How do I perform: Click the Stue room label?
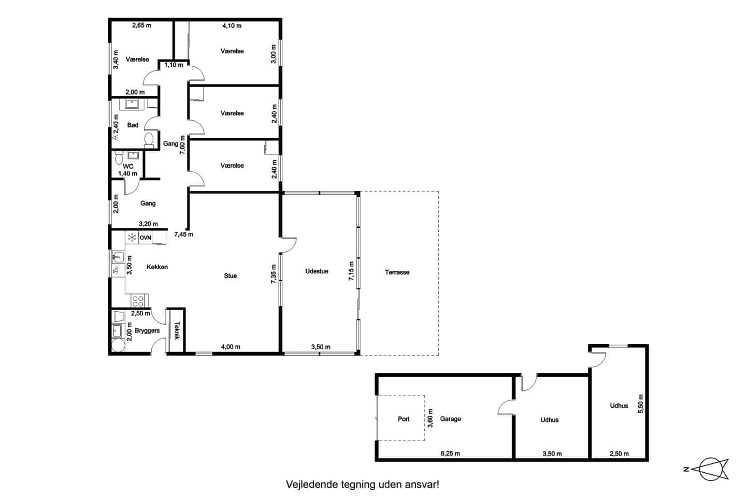pos(231,275)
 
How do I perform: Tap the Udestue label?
pos(317,271)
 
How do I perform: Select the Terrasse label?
pos(397,272)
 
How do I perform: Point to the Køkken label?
pos(157,267)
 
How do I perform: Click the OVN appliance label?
pos(145,238)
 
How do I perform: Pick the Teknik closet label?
pos(177,330)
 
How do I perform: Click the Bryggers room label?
pos(147,331)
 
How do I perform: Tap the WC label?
pos(128,167)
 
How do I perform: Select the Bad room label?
pos(133,125)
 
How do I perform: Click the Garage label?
pos(450,419)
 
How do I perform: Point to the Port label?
pos(404,419)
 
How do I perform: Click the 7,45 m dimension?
pos(184,235)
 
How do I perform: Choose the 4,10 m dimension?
pos(232,26)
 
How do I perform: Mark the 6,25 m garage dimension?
pos(450,454)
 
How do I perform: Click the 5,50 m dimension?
pos(641,404)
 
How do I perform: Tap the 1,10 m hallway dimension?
pos(174,65)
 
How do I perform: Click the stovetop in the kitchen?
pos(138,301)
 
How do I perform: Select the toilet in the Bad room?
pos(149,140)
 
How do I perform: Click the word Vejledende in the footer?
pos(312,485)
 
